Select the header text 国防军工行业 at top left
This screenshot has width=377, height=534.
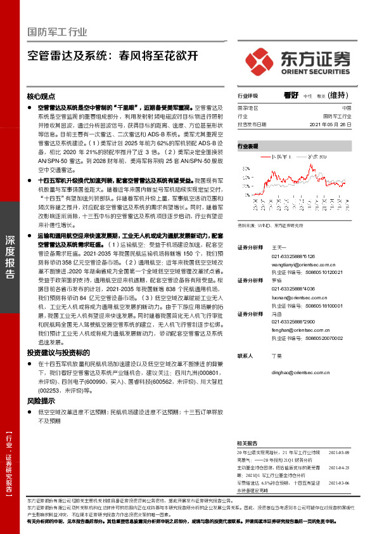(x=58, y=32)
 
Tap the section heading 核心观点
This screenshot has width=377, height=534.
(x=42, y=97)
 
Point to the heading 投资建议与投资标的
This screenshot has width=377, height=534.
(x=58, y=353)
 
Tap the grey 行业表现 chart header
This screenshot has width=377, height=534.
(x=248, y=146)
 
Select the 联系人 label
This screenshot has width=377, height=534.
(x=245, y=356)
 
